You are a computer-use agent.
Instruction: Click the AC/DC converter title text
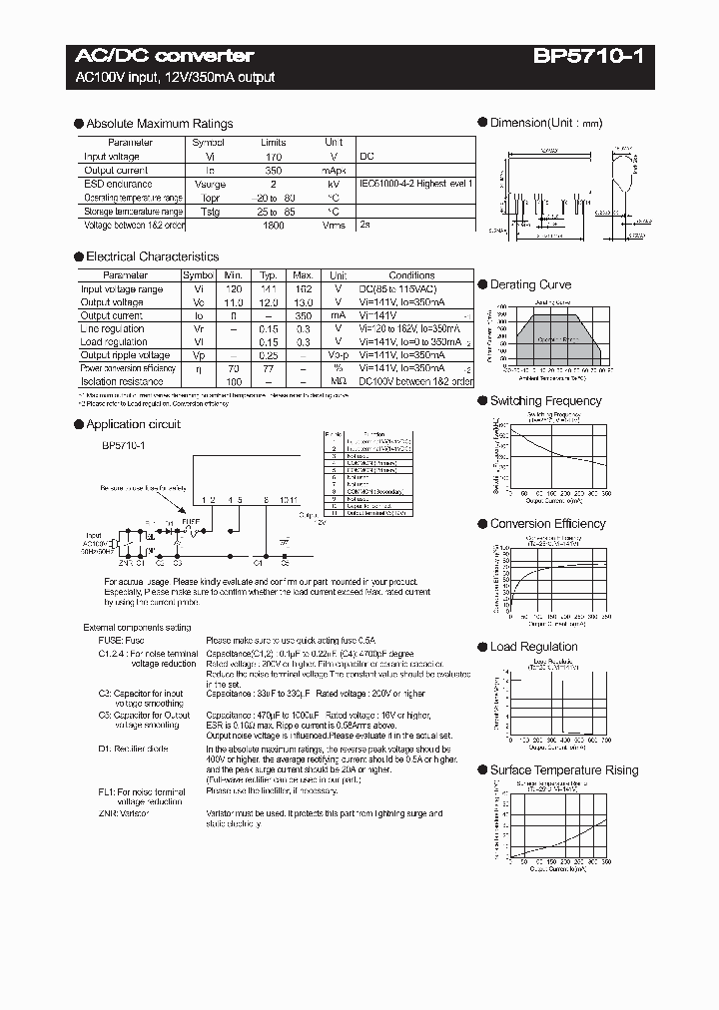pos(165,56)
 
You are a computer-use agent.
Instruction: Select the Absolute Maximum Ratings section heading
pos(159,124)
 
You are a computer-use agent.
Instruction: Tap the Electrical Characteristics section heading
pos(152,256)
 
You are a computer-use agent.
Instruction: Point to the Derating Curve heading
pos(530,284)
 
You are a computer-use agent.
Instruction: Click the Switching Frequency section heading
pos(545,401)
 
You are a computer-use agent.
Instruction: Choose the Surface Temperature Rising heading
pos(563,770)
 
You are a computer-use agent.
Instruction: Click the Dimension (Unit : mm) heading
pos(545,123)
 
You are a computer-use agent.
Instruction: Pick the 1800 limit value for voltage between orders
pos(273,227)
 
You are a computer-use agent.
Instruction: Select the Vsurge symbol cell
pos(209,185)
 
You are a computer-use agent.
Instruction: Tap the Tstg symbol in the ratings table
pos(209,213)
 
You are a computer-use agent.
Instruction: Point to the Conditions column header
pos(411,275)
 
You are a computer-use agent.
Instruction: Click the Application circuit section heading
pos(133,424)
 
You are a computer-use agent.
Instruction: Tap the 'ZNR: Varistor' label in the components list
pos(123,814)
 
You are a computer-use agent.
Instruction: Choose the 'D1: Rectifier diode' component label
pos(133,749)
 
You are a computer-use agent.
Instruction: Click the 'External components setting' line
pos(137,628)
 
